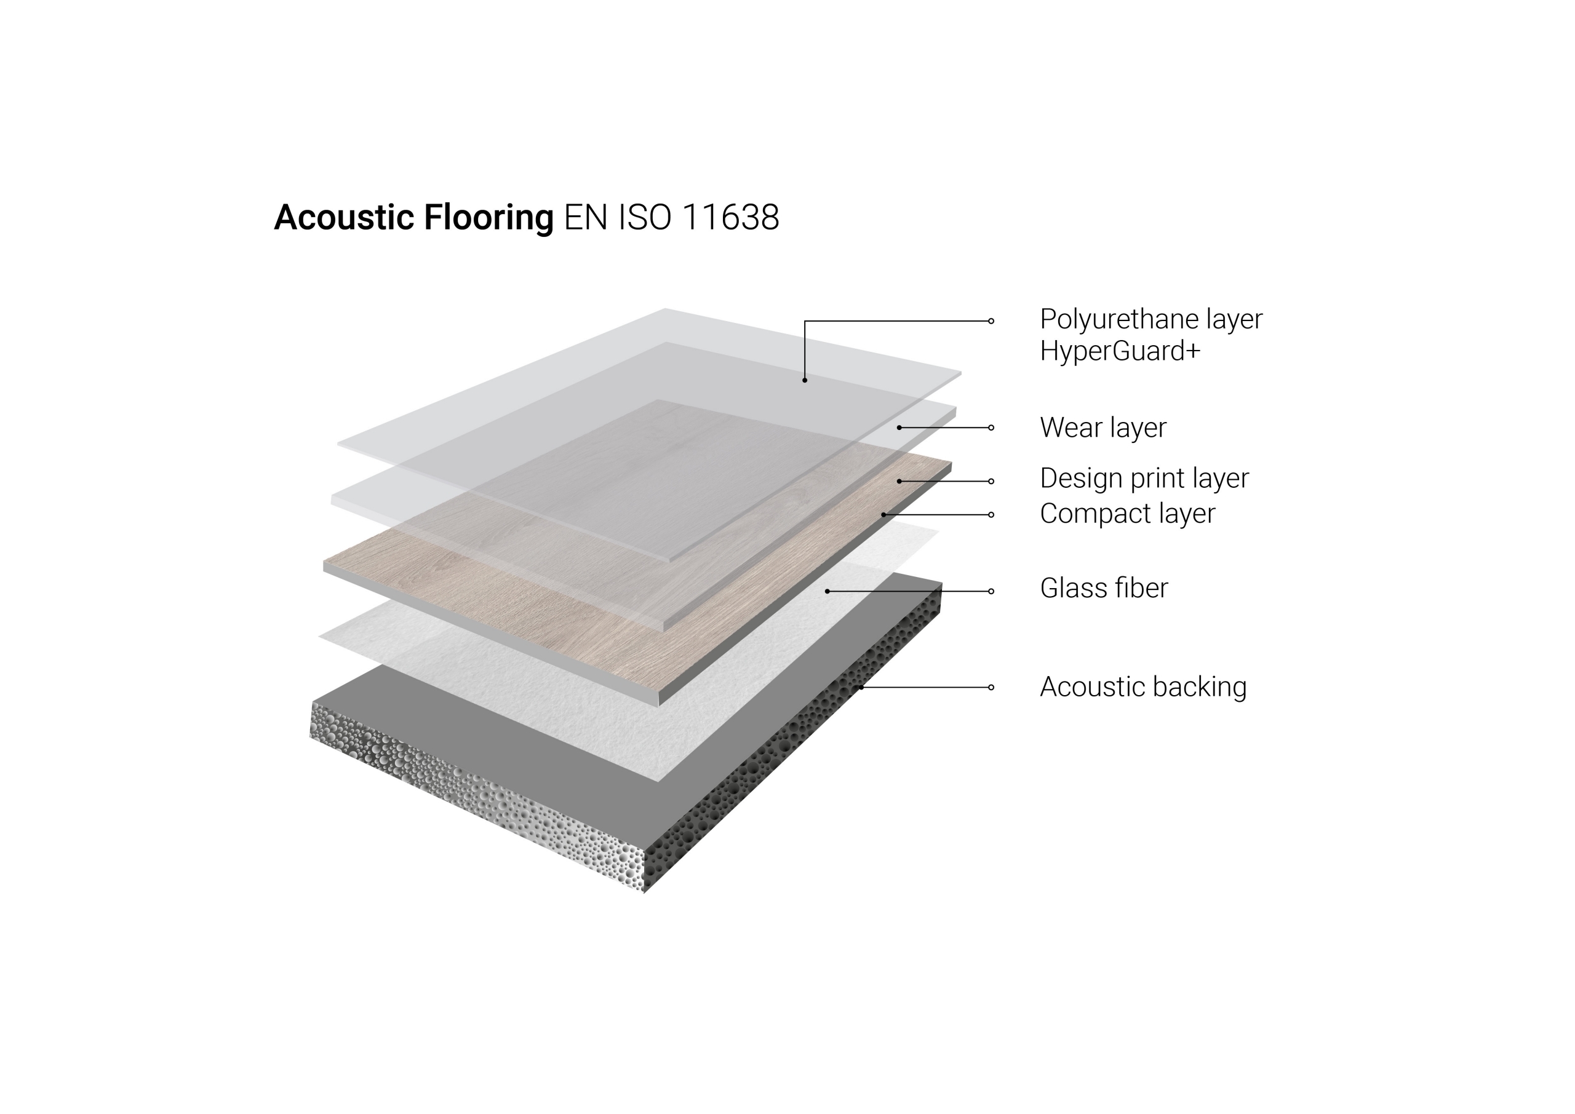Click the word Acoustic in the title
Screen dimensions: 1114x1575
pyautogui.click(x=344, y=218)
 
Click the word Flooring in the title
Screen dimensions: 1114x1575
pyautogui.click(x=488, y=218)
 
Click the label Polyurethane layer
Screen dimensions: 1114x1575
pyautogui.click(x=1150, y=320)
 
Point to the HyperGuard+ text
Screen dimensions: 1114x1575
pyautogui.click(x=1120, y=351)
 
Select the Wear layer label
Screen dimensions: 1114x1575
pyautogui.click(x=1102, y=428)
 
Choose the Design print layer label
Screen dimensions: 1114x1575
pyautogui.click(x=1144, y=479)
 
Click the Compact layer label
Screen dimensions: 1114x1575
pyautogui.click(x=1127, y=514)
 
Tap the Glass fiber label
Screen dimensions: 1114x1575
pyautogui.click(x=1103, y=589)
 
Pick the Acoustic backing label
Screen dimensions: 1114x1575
pyautogui.click(x=1143, y=687)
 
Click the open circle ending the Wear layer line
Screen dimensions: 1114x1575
pyautogui.click(x=991, y=428)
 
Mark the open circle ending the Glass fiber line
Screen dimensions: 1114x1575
pyautogui.click(x=991, y=591)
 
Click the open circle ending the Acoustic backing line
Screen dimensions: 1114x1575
pyautogui.click(x=991, y=687)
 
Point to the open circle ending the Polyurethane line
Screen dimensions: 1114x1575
pyautogui.click(x=991, y=321)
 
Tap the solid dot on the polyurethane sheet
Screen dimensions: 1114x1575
pyautogui.click(x=805, y=380)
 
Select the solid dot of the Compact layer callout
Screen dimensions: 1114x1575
pyautogui.click(x=883, y=514)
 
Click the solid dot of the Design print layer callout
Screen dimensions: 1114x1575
pyautogui.click(x=899, y=482)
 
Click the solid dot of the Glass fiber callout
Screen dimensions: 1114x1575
pyautogui.click(x=827, y=591)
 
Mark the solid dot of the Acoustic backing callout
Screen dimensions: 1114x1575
pyautogui.click(x=861, y=687)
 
